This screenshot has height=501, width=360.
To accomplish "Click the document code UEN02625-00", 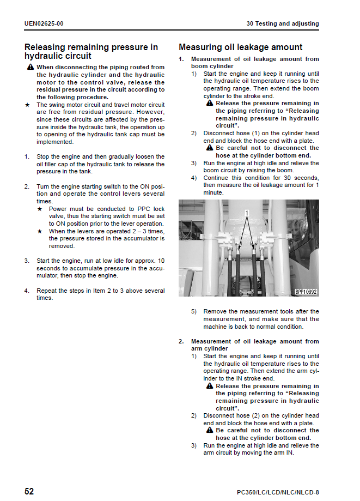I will [44, 24].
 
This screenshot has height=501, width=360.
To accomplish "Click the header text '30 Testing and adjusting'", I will [282, 24].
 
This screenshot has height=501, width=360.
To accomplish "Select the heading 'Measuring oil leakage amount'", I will [240, 47].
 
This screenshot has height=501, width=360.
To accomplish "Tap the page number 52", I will [29, 491].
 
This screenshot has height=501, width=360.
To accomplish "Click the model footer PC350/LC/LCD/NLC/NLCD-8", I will [278, 492].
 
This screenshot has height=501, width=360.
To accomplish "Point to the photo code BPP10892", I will [306, 292].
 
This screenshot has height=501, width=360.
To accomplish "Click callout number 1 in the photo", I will [246, 213].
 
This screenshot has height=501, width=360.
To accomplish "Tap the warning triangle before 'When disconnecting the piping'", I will [30, 67].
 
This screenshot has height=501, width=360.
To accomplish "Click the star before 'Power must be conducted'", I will [40, 209].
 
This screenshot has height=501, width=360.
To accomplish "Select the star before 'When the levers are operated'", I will [40, 231].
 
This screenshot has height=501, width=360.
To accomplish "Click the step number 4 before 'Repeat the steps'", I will [26, 291].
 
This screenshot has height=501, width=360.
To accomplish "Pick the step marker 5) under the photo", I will [194, 312].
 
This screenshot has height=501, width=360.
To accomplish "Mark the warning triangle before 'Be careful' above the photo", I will [210, 148].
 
